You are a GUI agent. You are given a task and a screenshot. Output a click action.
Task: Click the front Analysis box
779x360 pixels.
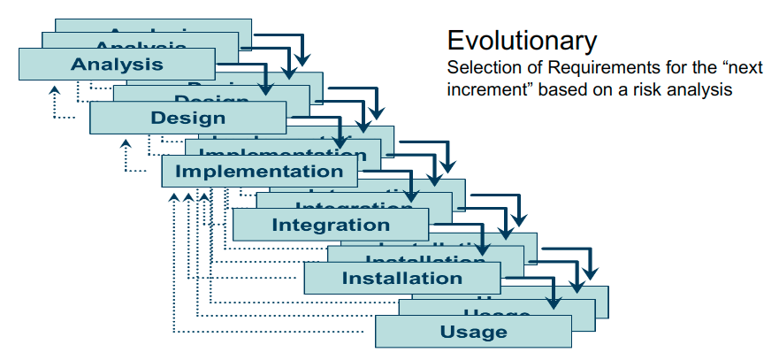117,64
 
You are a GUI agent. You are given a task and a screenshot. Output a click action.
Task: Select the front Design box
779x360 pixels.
187,118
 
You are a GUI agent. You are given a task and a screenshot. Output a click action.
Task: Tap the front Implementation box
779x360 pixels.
259,171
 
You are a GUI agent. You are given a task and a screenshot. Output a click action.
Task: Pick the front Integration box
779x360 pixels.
331,225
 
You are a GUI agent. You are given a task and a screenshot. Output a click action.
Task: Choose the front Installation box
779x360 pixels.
401,279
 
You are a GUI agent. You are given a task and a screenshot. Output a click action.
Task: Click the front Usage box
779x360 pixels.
473,332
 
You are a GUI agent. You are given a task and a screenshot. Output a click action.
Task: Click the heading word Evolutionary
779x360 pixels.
522,40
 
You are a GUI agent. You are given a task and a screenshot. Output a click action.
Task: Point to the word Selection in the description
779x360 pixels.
477,68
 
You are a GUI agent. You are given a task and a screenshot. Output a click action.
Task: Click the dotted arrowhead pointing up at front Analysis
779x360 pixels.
54,89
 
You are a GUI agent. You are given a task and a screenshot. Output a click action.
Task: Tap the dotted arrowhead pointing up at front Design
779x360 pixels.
126,143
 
